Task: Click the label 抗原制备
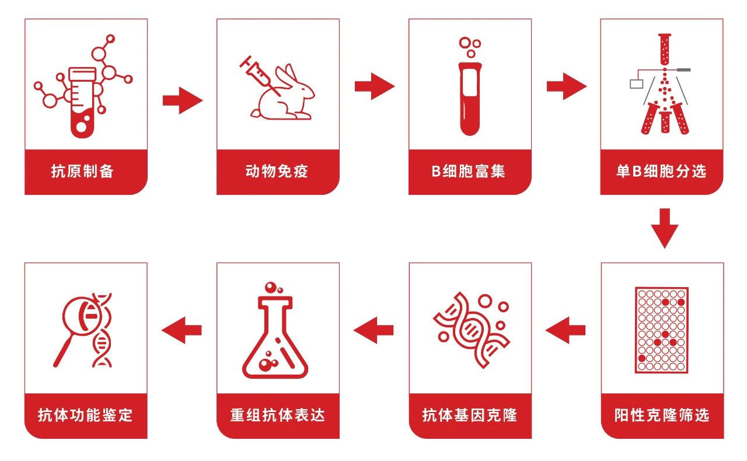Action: pyautogui.click(x=82, y=171)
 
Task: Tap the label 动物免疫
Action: pyautogui.click(x=277, y=171)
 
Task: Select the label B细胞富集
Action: pyautogui.click(x=469, y=171)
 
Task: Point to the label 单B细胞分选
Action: pyautogui.click(x=661, y=171)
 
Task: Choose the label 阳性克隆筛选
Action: pyautogui.click(x=662, y=415)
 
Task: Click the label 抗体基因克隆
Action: pyautogui.click(x=470, y=415)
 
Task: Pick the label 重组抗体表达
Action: pyautogui.click(x=278, y=415)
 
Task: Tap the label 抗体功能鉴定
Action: pyautogui.click(x=85, y=415)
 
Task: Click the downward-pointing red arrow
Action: pyautogui.click(x=665, y=229)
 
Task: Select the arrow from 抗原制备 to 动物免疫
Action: pyautogui.click(x=183, y=100)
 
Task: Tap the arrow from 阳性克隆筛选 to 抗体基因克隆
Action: pyautogui.click(x=566, y=330)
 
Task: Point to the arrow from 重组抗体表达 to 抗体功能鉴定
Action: pyautogui.click(x=181, y=330)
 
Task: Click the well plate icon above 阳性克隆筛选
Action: pyautogui.click(x=662, y=330)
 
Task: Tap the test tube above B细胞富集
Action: pyautogui.click(x=470, y=99)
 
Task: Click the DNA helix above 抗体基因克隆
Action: pyautogui.click(x=472, y=330)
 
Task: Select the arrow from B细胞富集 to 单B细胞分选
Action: pyautogui.click(x=567, y=86)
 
